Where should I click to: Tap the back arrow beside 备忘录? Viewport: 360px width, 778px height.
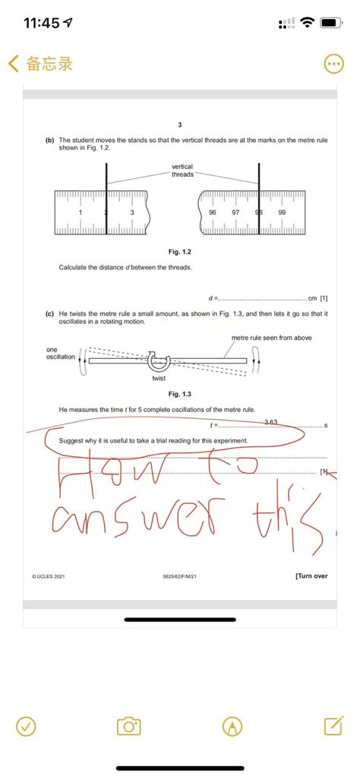[13, 64]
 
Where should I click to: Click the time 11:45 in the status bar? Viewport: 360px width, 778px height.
[43, 23]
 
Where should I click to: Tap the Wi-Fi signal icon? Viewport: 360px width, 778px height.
[307, 23]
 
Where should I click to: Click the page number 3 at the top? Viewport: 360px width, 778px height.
[180, 124]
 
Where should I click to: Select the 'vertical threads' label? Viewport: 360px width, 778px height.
[182, 170]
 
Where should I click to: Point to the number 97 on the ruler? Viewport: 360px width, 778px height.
[235, 213]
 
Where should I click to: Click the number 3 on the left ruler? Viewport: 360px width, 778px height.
[132, 213]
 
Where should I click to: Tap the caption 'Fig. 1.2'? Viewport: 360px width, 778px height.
[180, 250]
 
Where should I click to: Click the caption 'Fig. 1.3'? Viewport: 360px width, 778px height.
[180, 394]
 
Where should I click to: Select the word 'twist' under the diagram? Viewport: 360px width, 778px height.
[159, 378]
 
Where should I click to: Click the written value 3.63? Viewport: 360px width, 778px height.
[271, 421]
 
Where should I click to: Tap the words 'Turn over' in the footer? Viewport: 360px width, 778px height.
[311, 576]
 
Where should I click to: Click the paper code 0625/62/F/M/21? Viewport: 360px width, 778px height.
[180, 577]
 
